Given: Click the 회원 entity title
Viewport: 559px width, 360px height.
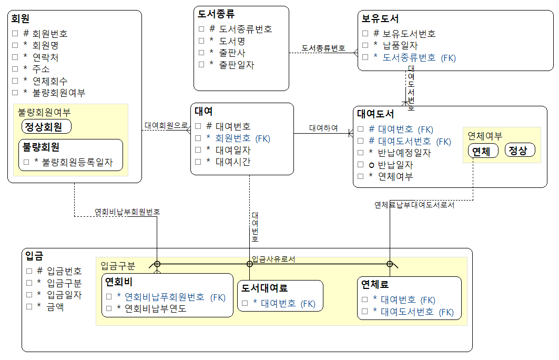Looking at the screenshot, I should pyautogui.click(x=20, y=18).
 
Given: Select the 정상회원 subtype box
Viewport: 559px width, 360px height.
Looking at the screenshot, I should pyautogui.click(x=46, y=126).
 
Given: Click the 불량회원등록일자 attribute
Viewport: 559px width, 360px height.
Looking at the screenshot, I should pyautogui.click(x=77, y=163).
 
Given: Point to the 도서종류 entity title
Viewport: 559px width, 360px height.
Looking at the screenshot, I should pyautogui.click(x=216, y=14).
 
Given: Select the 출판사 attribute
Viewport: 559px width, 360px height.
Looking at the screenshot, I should pyautogui.click(x=232, y=53).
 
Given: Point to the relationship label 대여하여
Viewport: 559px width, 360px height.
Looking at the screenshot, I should pyautogui.click(x=323, y=128).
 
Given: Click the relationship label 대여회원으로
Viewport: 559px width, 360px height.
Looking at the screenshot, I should pyautogui.click(x=166, y=125).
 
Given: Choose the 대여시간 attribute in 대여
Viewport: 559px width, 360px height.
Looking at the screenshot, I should pyautogui.click(x=232, y=162).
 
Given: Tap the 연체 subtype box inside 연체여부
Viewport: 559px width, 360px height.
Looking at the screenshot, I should pyautogui.click(x=483, y=151).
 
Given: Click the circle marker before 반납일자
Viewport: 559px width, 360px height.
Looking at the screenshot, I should pyautogui.click(x=371, y=165).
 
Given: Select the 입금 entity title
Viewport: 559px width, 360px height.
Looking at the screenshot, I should pyautogui.click(x=34, y=255).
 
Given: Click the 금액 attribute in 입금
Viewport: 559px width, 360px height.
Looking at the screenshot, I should pyautogui.click(x=55, y=307).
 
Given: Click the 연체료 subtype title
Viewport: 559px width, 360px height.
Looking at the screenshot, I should pyautogui.click(x=374, y=284).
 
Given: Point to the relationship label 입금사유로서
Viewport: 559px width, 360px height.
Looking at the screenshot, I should pyautogui.click(x=273, y=259).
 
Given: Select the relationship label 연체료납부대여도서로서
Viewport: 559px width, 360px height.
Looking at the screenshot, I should pyautogui.click(x=414, y=205).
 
